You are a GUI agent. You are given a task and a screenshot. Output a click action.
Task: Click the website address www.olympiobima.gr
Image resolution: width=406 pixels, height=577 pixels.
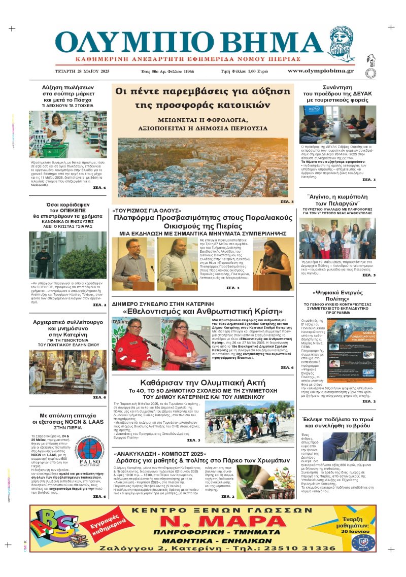[320, 71]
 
